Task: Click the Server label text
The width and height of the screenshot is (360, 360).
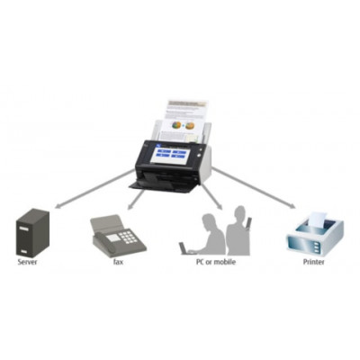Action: coord(28,262)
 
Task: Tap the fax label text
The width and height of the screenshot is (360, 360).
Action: coord(118,262)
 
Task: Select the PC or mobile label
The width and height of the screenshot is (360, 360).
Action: coord(216,262)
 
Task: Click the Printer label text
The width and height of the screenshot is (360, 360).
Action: coord(313,262)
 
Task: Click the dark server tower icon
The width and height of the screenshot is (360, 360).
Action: coord(32,232)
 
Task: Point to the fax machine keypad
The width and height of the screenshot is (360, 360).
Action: coord(129,236)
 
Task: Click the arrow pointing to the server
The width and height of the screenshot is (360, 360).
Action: coord(94,188)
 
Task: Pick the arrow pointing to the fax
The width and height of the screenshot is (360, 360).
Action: coord(136,199)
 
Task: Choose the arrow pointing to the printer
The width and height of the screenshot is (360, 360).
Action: coord(254,188)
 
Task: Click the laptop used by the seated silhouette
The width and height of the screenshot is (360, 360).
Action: coord(184,248)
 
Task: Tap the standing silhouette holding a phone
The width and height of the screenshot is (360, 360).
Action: coord(238,230)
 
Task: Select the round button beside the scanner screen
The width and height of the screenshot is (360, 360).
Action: coord(198,156)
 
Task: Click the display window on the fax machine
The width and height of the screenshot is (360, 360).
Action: coord(113,238)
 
